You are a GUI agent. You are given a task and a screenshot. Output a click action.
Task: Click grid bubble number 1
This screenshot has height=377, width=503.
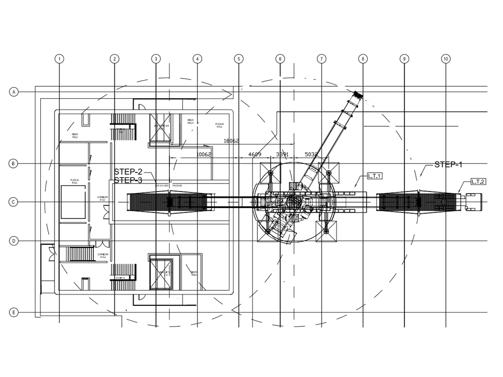pyautogui.click(x=59, y=59)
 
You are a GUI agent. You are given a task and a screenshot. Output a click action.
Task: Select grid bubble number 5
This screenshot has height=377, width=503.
pyautogui.click(x=239, y=59)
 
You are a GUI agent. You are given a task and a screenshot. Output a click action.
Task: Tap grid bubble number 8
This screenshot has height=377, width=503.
pyautogui.click(x=363, y=59)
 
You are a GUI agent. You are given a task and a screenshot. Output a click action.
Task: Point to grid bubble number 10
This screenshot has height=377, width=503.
pyautogui.click(x=446, y=59)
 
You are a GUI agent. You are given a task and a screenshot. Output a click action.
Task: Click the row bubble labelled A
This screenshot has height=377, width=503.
pyautogui.click(x=14, y=92)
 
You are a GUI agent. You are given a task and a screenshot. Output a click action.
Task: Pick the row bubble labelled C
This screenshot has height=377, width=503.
pyautogui.click(x=14, y=202)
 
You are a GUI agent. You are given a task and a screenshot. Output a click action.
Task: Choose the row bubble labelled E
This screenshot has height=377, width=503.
pyautogui.click(x=14, y=313)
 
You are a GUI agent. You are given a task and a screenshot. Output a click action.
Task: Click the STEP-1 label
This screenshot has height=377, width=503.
pyautogui.click(x=448, y=165)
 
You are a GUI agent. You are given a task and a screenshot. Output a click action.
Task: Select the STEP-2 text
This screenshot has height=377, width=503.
pyautogui.click(x=128, y=172)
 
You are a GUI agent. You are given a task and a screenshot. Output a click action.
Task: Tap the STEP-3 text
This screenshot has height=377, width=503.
pyautogui.click(x=128, y=180)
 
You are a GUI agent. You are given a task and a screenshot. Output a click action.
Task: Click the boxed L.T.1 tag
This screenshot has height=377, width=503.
pyautogui.click(x=375, y=176)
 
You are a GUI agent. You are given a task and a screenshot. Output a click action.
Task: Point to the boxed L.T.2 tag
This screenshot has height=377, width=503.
pyautogui.click(x=478, y=182)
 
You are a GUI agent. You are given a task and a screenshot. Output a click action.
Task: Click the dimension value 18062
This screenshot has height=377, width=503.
pyautogui.click(x=231, y=141)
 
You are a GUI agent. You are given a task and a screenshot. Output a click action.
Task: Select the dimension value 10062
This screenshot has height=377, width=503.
pyautogui.click(x=203, y=154)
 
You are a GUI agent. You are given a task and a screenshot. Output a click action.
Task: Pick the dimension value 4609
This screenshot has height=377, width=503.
pyautogui.click(x=255, y=154)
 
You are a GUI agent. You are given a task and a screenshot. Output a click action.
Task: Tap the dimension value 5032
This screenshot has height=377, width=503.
pyautogui.click(x=311, y=154)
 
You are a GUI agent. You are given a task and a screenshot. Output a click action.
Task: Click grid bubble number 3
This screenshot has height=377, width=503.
pyautogui.click(x=156, y=59)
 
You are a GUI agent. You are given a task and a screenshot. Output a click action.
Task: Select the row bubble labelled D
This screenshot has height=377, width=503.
pyautogui.click(x=14, y=241)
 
